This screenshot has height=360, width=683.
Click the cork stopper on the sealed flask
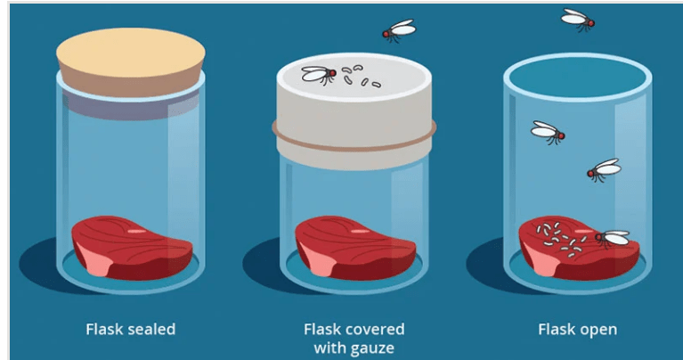[131, 61]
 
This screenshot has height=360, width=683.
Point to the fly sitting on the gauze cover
[320, 75]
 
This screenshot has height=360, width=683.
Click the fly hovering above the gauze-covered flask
[399, 30]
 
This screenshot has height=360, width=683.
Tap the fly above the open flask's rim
[578, 20]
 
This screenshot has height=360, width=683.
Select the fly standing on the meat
[612, 238]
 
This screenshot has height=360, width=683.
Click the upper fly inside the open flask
[548, 133]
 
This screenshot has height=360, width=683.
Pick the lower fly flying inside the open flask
[604, 170]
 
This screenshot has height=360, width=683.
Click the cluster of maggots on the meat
[560, 239]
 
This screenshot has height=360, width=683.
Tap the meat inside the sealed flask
[132, 247]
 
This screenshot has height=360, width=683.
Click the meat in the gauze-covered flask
[355, 247]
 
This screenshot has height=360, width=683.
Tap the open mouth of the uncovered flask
[578, 77]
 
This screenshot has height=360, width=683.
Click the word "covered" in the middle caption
[377, 329]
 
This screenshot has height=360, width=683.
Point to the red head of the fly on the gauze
[332, 73]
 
